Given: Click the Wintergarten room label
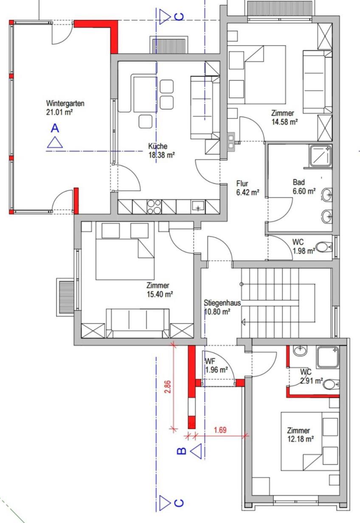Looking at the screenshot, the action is [65, 103].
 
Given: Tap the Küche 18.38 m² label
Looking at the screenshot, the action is [162, 151].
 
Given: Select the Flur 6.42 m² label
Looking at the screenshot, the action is [247, 188].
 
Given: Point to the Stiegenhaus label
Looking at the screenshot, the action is [222, 303].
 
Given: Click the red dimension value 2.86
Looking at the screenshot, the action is [168, 387].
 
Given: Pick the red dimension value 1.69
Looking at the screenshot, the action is [220, 430].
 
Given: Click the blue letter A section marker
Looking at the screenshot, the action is [55, 128].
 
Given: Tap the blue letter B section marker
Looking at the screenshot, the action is [182, 451].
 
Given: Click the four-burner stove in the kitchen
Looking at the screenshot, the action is [154, 207].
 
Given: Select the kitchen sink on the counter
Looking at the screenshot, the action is [198, 207].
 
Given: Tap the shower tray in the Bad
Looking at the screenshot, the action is [320, 156].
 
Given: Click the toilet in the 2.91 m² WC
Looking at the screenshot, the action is [331, 384].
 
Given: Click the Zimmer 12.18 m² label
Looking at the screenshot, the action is [300, 435].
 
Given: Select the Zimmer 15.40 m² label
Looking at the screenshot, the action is [160, 290].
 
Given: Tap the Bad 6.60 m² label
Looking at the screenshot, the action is [304, 186].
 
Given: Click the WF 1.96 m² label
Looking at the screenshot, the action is [217, 366].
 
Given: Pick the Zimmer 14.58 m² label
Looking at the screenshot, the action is [284, 118].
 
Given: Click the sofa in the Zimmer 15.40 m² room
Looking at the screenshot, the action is [138, 323].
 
